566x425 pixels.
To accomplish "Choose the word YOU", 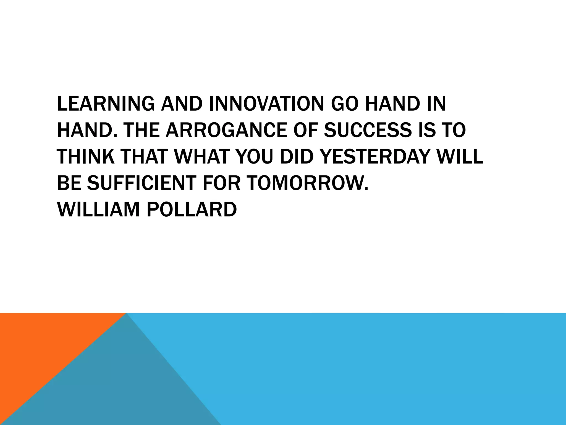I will [254, 157].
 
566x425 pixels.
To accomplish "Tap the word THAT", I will [144, 157].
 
